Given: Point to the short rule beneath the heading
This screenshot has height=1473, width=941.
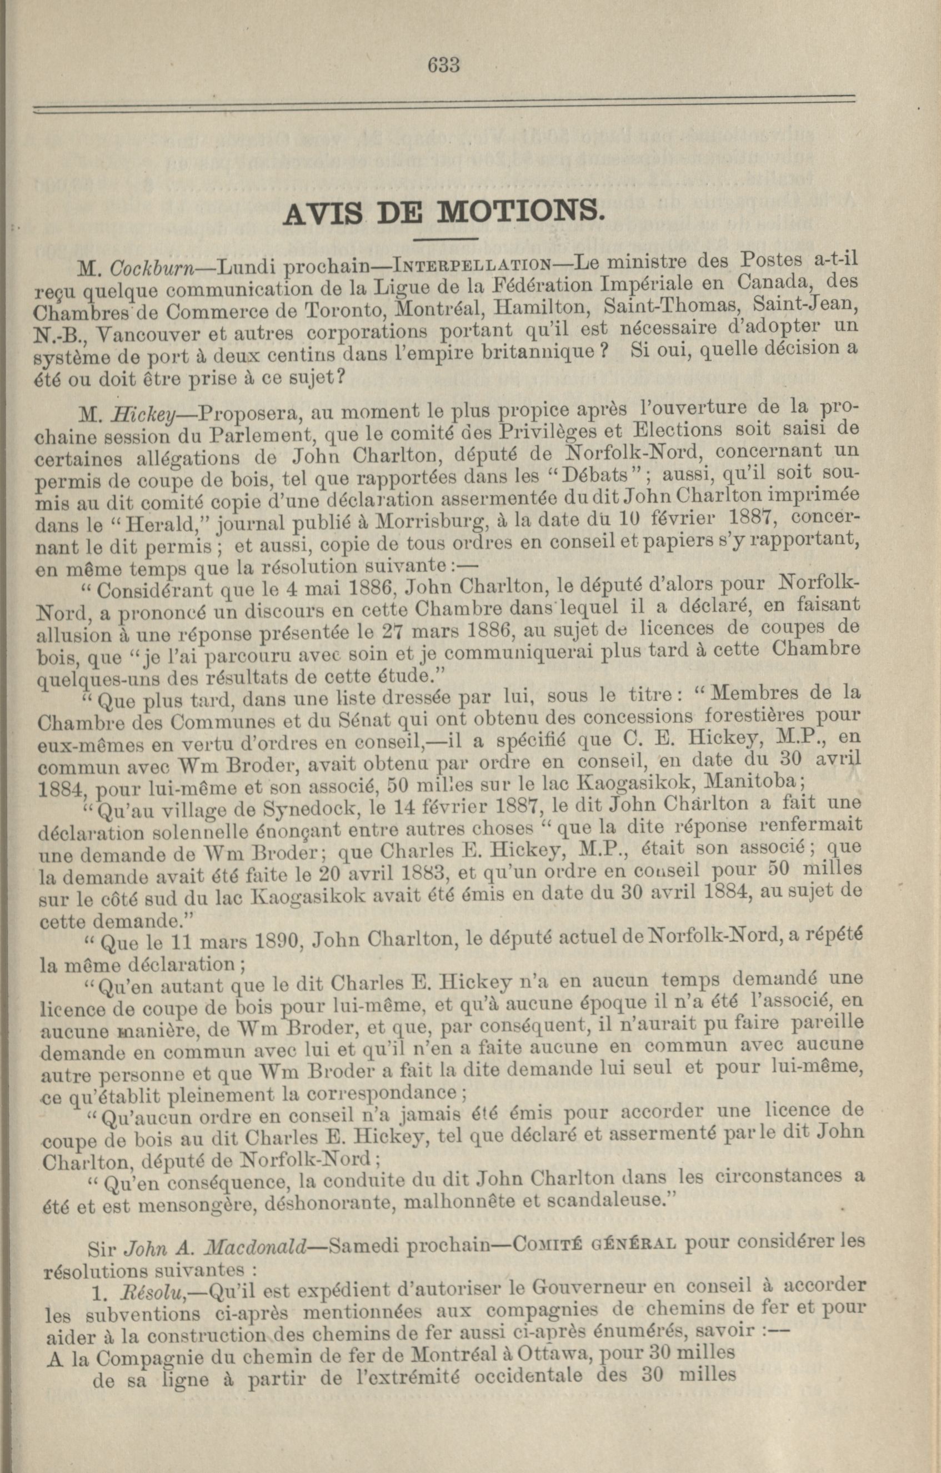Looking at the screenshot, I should [445, 238].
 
